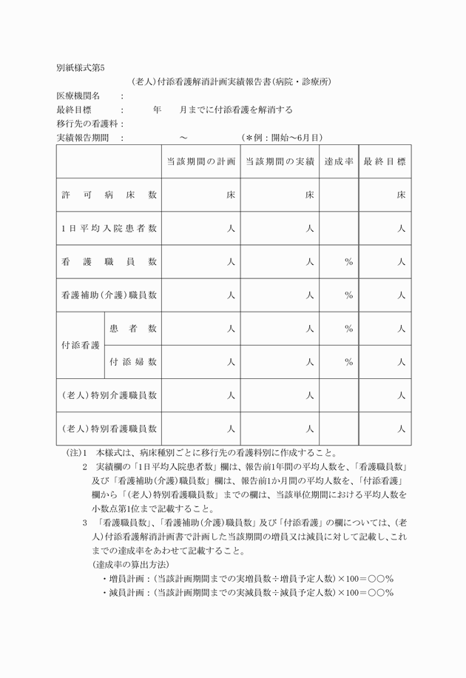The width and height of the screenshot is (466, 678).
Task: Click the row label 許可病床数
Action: coord(109,195)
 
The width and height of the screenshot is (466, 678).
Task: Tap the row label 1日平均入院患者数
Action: coord(109,229)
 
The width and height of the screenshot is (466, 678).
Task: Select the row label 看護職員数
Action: coord(109,262)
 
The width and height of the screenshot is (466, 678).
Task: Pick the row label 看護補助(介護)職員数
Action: coord(109,295)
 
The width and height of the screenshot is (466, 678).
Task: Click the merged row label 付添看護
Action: coord(81,345)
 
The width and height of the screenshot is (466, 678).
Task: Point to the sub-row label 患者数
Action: coord(133,328)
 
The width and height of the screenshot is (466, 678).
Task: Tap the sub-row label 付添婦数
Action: coord(133,362)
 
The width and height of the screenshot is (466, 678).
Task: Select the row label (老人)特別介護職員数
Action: coord(109,395)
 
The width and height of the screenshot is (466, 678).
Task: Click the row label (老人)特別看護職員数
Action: coord(109,429)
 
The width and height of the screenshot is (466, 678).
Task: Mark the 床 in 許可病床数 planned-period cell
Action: coord(231,195)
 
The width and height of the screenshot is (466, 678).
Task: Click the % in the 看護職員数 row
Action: coord(348,262)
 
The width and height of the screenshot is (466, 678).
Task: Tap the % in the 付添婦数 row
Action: coord(348,362)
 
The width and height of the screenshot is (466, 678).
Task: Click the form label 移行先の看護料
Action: coord(89,124)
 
